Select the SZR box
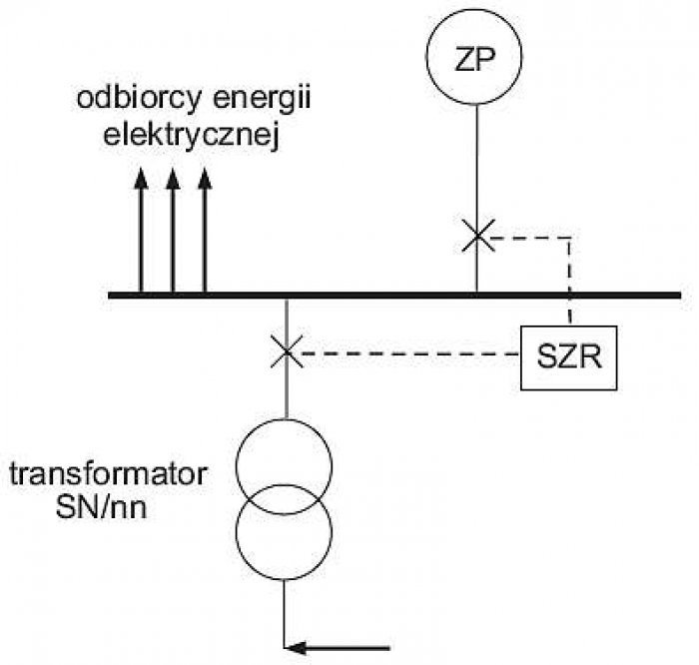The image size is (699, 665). click(569, 328)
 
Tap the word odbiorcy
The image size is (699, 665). click(139, 99)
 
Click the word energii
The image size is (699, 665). click(262, 99)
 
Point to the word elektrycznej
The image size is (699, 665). click(192, 135)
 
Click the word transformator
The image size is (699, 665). click(108, 474)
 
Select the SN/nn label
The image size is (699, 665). click(101, 507)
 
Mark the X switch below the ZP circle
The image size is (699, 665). click(478, 236)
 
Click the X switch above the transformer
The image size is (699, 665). click(287, 352)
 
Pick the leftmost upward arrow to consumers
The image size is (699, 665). click(141, 231)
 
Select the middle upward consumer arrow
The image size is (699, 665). click(173, 231)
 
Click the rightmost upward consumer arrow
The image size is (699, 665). click(204, 231)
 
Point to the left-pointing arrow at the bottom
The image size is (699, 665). click(338, 648)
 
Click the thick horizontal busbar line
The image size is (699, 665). click(394, 296)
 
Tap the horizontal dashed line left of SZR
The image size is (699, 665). click(410, 353)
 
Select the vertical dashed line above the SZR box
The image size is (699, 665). click(570, 280)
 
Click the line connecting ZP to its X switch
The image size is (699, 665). click(477, 162)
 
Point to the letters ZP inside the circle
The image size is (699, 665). click(474, 58)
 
